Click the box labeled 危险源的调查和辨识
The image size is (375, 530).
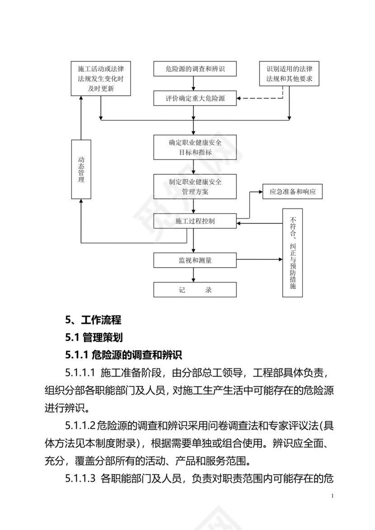click(195, 69)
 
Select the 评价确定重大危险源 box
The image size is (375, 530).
click(195, 98)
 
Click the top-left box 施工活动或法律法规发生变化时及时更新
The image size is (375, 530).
click(101, 79)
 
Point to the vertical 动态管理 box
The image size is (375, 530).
click(81, 169)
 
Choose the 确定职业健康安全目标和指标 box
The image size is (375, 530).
click(195, 147)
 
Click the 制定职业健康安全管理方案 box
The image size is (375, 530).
click(195, 186)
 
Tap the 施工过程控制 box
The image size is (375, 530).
click(195, 221)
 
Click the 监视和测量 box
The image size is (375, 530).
click(195, 260)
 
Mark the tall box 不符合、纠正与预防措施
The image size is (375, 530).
click(292, 253)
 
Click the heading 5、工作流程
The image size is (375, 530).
click(93, 320)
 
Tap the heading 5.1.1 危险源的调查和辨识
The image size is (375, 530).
click(123, 355)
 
